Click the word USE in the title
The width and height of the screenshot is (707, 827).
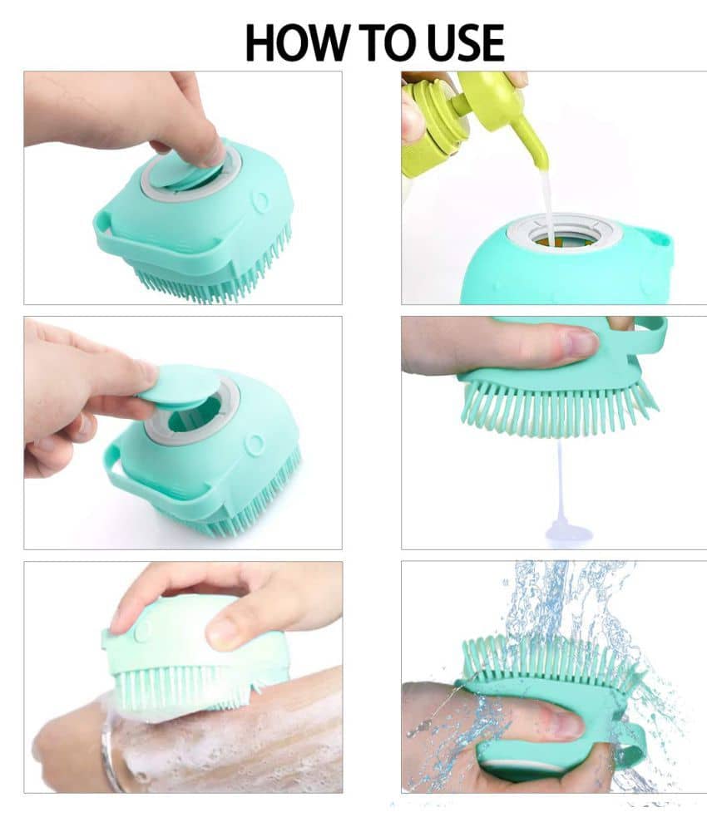465,42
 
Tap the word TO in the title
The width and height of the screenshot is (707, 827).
388,42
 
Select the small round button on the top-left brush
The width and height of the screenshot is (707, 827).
260,200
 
